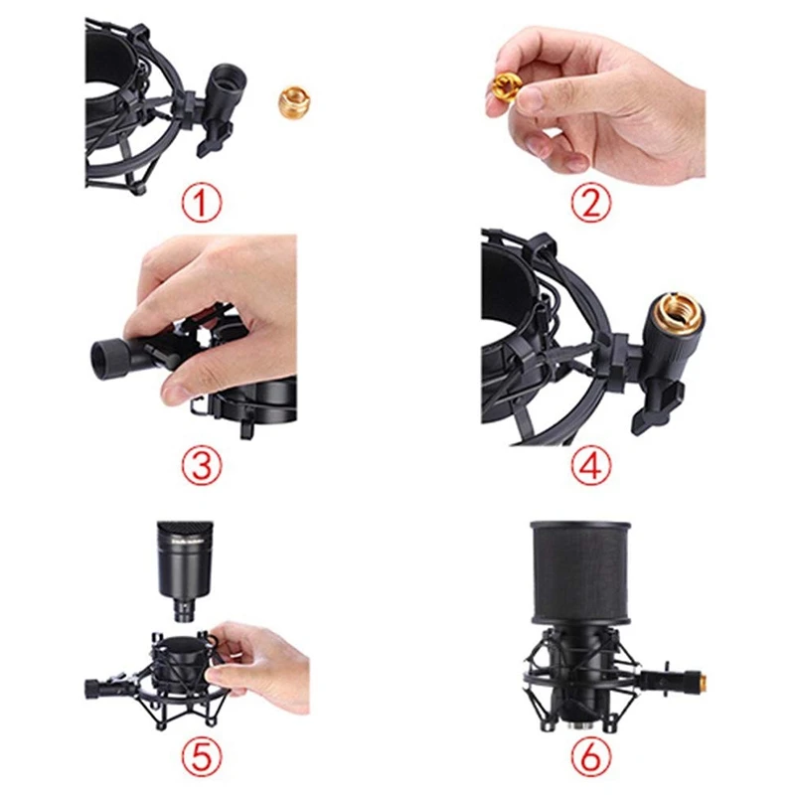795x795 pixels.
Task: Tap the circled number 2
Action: click(x=592, y=205)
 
